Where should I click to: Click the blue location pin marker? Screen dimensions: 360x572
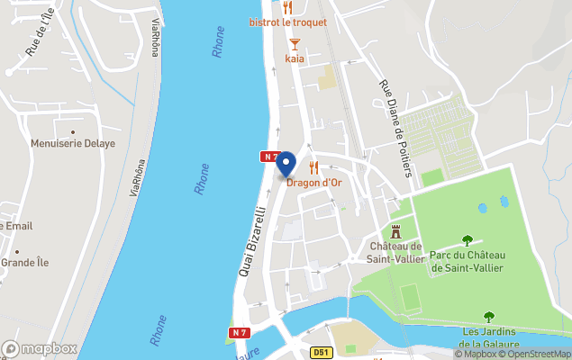pyautogui.click(x=286, y=163)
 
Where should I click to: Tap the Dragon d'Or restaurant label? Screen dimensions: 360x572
pyautogui.click(x=314, y=183)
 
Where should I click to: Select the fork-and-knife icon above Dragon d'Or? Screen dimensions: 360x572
pyautogui.click(x=313, y=167)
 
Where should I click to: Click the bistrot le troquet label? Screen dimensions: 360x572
pyautogui.click(x=288, y=22)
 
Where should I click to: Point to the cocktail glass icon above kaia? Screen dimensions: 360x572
pyautogui.click(x=294, y=43)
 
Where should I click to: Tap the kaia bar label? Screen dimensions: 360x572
pyautogui.click(x=295, y=58)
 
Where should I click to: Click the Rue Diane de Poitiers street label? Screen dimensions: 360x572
pyautogui.click(x=395, y=128)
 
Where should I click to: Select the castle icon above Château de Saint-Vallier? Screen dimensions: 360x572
pyautogui.click(x=395, y=231)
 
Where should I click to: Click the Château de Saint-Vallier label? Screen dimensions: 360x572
pyautogui.click(x=395, y=253)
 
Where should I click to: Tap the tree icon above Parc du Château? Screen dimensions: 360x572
pyautogui.click(x=467, y=240)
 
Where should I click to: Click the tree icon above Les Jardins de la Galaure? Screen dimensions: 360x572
pyautogui.click(x=489, y=317)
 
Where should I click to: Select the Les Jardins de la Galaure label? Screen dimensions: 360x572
pyautogui.click(x=489, y=337)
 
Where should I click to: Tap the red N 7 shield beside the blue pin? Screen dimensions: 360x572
pyautogui.click(x=269, y=157)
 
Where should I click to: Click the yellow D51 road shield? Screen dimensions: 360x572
pyautogui.click(x=321, y=353)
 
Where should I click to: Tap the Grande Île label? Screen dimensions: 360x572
pyautogui.click(x=24, y=263)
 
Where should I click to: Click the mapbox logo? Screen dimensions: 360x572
pyautogui.click(x=40, y=348)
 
